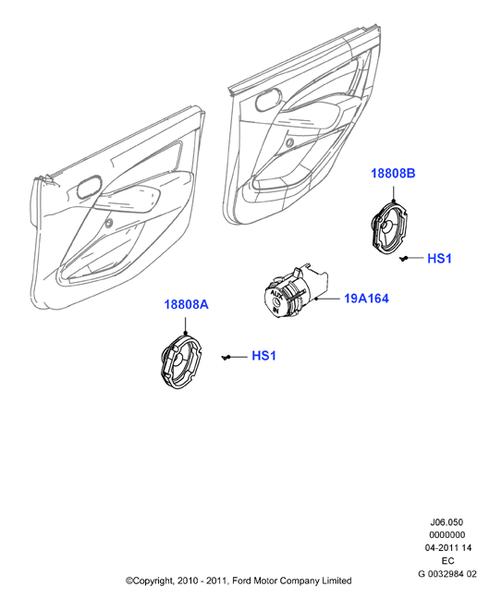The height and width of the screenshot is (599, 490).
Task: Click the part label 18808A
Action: point(186,304)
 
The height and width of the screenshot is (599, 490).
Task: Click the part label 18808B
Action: point(393,173)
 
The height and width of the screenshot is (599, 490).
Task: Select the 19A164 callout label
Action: point(366,299)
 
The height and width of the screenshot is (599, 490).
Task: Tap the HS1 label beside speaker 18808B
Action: point(439,259)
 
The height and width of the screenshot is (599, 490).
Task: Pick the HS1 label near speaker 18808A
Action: point(263,356)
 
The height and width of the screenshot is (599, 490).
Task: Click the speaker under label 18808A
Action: point(181,361)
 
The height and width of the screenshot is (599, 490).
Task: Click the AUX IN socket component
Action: point(295,291)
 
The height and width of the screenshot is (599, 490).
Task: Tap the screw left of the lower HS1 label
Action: point(227,357)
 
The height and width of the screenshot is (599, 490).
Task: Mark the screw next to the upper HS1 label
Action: point(403,259)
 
